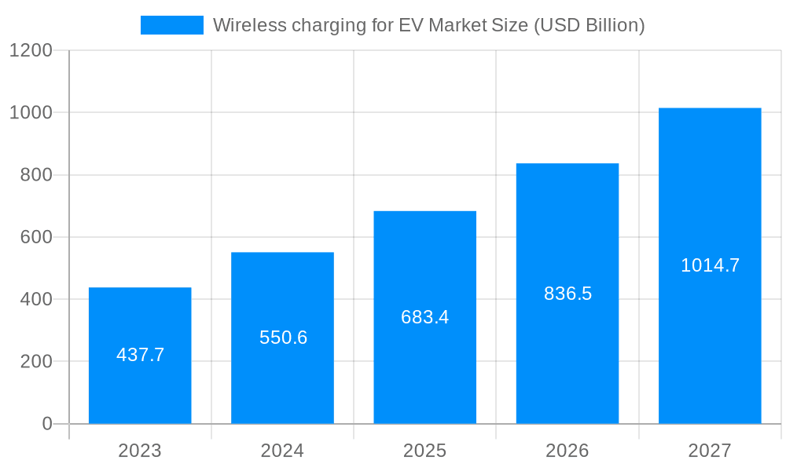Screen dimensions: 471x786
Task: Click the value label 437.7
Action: pyautogui.click(x=140, y=355)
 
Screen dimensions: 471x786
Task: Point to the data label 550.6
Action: pyautogui.click(x=283, y=338)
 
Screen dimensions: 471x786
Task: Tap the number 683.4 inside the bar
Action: pyautogui.click(x=424, y=317)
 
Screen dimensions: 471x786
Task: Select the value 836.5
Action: pyautogui.click(x=567, y=294)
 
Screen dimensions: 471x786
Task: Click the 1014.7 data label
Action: pyautogui.click(x=710, y=265)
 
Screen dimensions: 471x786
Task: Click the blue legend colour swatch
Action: pyautogui.click(x=171, y=25)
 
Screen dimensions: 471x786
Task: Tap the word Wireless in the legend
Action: pyautogui.click(x=249, y=25)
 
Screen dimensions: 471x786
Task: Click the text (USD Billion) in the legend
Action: pyautogui.click(x=589, y=25)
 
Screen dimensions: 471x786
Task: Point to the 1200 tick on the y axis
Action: pyautogui.click(x=31, y=50)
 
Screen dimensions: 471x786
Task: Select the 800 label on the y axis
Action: pyautogui.click(x=36, y=175)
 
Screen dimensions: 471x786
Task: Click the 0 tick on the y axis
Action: pyautogui.click(x=46, y=424)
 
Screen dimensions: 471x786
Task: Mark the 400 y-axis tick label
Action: pyautogui.click(x=36, y=299)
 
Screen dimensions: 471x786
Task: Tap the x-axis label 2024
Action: pyautogui.click(x=282, y=451)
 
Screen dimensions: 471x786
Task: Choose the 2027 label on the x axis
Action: pyautogui.click(x=710, y=451)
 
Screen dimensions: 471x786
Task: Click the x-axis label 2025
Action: pyautogui.click(x=424, y=451)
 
